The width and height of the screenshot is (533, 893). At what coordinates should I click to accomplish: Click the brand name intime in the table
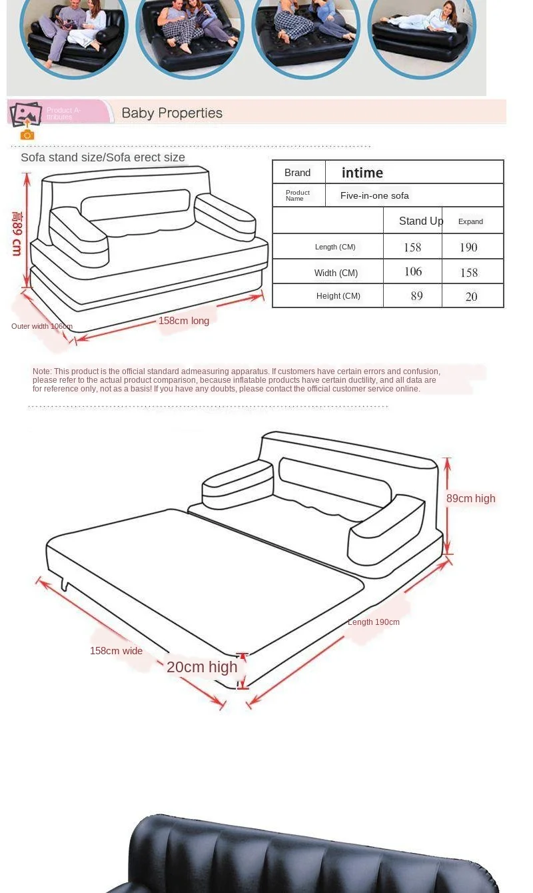(362, 173)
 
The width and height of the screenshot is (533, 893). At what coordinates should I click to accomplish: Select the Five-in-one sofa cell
(374, 195)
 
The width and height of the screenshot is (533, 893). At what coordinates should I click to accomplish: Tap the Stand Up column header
(420, 221)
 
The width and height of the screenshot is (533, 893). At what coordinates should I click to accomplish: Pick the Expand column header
(470, 221)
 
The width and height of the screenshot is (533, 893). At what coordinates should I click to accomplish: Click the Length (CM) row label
(335, 247)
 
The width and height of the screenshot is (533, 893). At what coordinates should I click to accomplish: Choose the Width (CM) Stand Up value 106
(413, 271)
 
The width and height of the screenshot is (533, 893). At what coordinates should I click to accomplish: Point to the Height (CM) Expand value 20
(471, 297)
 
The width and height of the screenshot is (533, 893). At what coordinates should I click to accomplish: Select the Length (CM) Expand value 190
(468, 247)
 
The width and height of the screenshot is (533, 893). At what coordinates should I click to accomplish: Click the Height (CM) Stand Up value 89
(416, 296)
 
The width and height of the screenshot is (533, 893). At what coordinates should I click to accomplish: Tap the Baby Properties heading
(172, 113)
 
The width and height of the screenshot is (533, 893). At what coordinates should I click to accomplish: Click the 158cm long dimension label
(184, 321)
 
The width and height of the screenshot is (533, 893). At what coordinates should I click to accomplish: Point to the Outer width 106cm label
(42, 326)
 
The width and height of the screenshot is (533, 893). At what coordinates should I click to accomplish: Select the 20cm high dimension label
(202, 667)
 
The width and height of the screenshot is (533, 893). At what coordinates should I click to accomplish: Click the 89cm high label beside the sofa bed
(470, 498)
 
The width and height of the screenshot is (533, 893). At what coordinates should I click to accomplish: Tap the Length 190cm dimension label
(374, 622)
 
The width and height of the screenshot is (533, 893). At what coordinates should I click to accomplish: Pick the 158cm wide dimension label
(116, 651)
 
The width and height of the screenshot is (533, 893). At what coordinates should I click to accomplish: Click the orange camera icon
(27, 135)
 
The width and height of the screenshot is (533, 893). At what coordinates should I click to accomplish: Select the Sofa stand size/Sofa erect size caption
(103, 157)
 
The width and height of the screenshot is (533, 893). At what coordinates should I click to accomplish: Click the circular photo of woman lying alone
(422, 33)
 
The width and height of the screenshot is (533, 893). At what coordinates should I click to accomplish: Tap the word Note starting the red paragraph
(41, 371)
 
